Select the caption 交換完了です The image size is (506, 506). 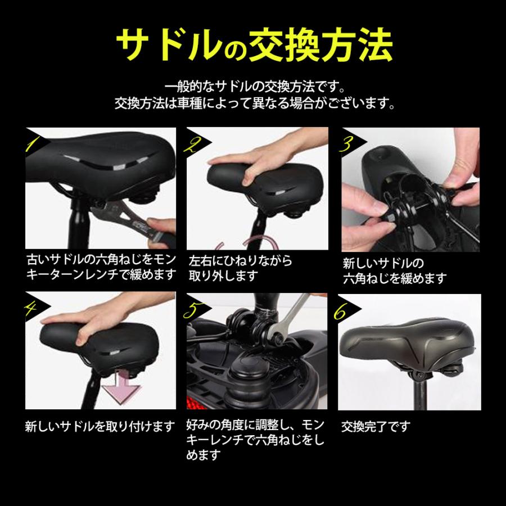(x=376, y=426)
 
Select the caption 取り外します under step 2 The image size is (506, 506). (x=224, y=276)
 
